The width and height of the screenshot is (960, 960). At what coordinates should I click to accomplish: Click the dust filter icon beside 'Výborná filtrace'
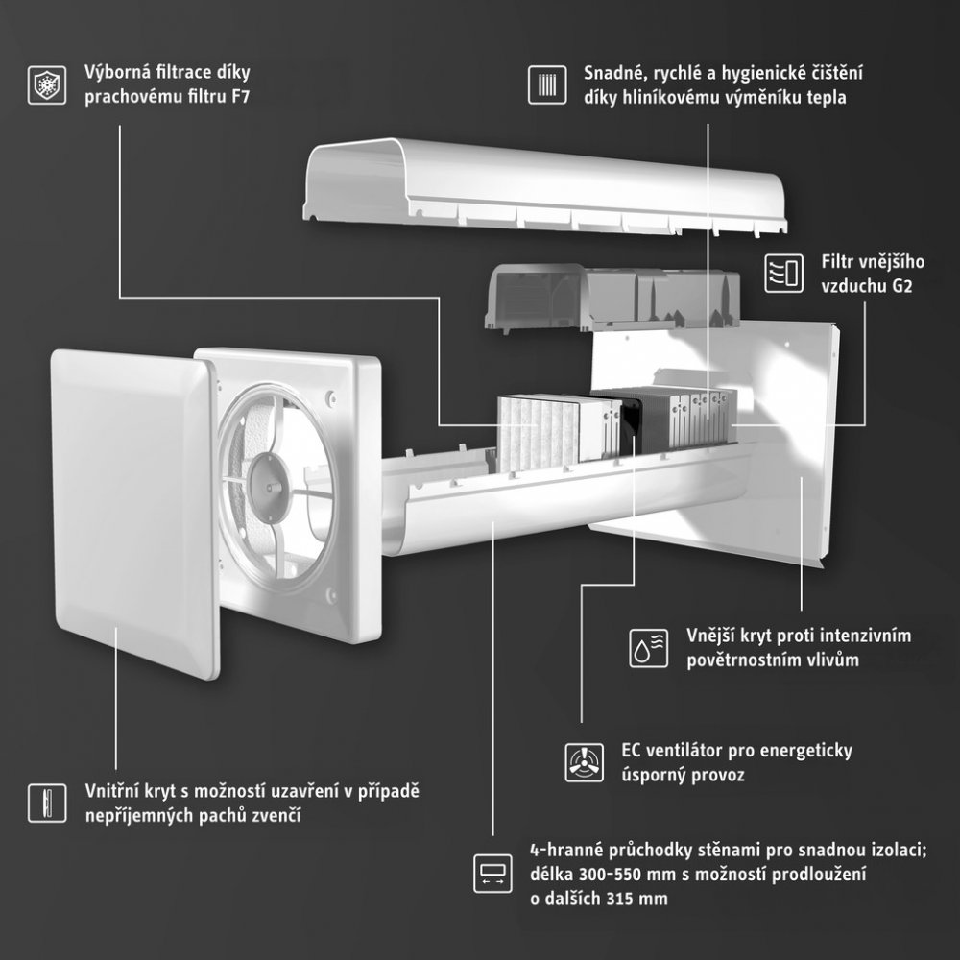(47, 85)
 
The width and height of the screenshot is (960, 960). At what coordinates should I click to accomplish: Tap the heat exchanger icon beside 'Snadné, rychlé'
(547, 85)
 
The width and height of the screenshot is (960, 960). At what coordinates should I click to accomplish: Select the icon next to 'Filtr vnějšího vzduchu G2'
(784, 273)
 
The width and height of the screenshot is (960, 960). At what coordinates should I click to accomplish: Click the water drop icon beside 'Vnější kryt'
(649, 648)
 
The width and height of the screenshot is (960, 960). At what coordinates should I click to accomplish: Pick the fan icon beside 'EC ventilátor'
(584, 762)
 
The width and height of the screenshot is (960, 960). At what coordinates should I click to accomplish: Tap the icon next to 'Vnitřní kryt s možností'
(47, 804)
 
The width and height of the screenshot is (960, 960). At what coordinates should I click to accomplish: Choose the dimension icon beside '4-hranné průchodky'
(492, 874)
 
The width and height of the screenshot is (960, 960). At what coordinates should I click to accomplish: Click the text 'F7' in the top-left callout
(241, 97)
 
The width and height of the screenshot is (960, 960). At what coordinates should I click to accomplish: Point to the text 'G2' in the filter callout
(901, 286)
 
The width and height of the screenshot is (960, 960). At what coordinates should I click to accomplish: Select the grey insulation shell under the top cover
(612, 298)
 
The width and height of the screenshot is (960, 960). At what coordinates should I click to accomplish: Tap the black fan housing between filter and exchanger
(631, 422)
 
